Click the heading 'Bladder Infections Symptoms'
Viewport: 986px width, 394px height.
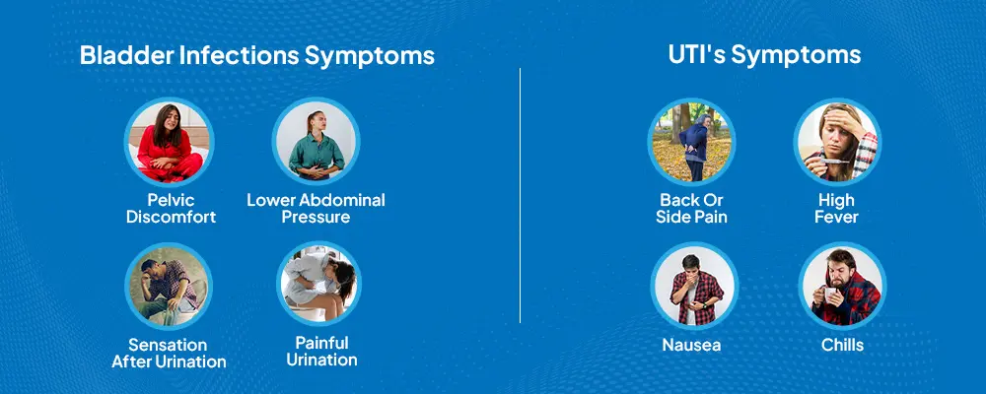[x=257, y=56]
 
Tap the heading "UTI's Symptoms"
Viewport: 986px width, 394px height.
[x=765, y=55]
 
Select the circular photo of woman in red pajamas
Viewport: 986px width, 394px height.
[x=170, y=142]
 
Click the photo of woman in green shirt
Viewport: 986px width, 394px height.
[x=317, y=142]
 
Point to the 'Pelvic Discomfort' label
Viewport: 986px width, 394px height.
[x=171, y=209]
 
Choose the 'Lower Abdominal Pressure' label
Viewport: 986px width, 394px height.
[x=316, y=209]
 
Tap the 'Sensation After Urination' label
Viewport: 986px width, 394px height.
[x=169, y=354]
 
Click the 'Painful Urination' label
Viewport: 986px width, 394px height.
[x=322, y=352]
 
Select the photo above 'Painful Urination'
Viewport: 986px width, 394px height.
[x=318, y=285]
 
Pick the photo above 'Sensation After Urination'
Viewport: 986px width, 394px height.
[x=169, y=286]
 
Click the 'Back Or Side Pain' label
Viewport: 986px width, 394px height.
[x=692, y=209]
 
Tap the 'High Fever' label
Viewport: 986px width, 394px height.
[x=836, y=209]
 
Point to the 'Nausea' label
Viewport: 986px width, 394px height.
[x=692, y=345]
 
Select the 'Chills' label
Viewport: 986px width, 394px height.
[x=843, y=345]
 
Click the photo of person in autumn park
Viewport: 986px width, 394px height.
[x=692, y=142]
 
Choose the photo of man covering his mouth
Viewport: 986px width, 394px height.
[x=694, y=286]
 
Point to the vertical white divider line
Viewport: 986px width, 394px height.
[x=520, y=195]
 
